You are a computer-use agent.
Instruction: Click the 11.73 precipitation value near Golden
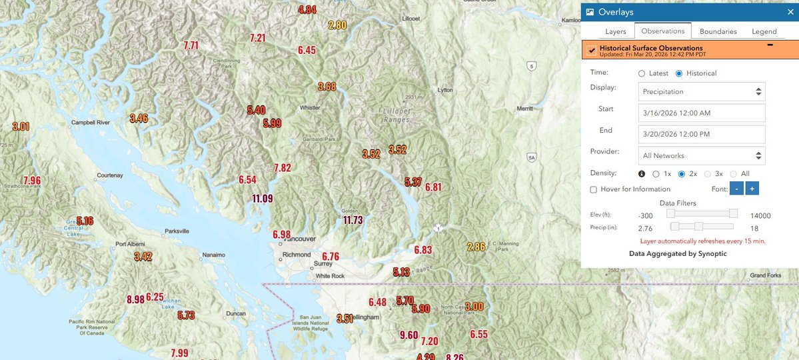tap(353, 220)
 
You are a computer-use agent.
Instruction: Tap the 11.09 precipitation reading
tap(263, 198)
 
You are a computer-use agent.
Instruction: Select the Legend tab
tap(764, 31)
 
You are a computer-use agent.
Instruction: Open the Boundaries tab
tap(718, 31)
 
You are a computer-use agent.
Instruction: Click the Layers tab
tap(615, 31)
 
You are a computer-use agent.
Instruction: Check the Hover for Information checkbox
tap(594, 189)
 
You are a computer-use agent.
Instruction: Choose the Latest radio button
tap(642, 73)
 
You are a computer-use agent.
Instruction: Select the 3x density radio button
tap(708, 174)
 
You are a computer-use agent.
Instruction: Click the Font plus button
tap(752, 189)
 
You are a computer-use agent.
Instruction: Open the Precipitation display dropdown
tap(701, 91)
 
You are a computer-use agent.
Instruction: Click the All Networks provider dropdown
tap(701, 155)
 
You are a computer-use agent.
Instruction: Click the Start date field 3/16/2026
tap(701, 113)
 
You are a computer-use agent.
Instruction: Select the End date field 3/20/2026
tap(701, 134)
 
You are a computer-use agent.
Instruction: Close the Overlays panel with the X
tap(790, 12)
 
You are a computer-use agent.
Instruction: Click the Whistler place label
tap(310, 107)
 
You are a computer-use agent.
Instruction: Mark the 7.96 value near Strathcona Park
tap(31, 180)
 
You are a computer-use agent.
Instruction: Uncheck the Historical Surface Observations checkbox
tap(592, 51)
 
